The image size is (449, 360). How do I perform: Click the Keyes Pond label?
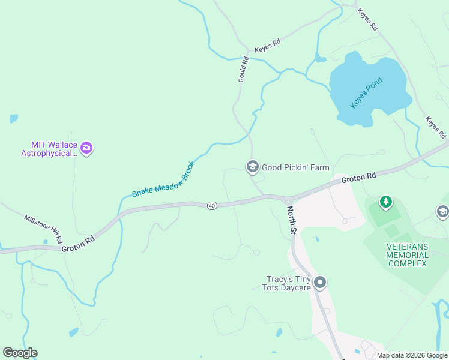click(x=366, y=94)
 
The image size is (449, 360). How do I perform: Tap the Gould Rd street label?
click(x=243, y=70)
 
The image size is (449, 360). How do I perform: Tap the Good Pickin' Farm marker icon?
click(x=253, y=167)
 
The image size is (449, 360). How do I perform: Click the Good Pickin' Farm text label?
click(x=295, y=167)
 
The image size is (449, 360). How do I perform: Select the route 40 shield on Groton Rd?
click(x=212, y=206)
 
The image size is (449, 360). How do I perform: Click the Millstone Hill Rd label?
click(x=43, y=228)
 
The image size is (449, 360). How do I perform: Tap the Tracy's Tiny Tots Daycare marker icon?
click(x=320, y=283)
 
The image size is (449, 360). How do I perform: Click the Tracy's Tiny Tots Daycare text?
click(x=288, y=283)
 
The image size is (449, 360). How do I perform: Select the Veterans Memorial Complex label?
click(x=408, y=255)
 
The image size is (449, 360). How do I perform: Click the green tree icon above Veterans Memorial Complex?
click(x=385, y=202)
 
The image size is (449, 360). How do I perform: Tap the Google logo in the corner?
click(x=20, y=352)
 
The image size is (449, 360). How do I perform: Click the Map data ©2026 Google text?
click(x=412, y=355)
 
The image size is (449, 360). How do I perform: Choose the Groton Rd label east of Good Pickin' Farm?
click(x=358, y=178)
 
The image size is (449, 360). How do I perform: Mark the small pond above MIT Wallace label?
click(x=13, y=119)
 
